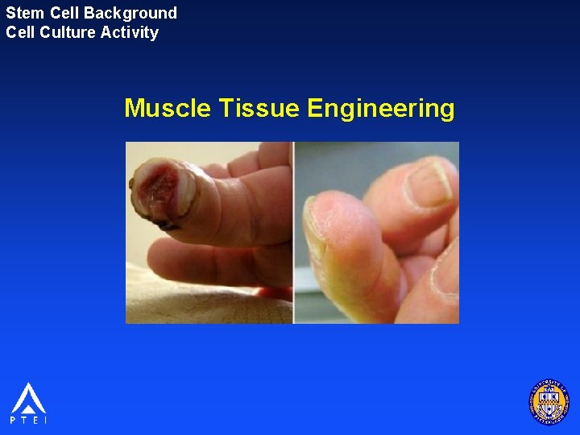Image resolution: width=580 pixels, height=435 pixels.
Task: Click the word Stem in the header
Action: [23, 13]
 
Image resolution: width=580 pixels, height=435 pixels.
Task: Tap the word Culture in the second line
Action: [65, 33]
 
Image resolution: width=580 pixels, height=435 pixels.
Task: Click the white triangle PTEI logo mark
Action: [28, 398]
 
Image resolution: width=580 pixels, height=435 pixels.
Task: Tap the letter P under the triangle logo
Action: [13, 420]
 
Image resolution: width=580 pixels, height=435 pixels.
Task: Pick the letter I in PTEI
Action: [45, 420]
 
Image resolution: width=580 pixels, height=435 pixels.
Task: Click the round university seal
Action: [549, 402]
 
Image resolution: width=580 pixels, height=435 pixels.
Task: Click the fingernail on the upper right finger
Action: [428, 182]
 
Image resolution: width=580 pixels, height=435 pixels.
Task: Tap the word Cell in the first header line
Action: [64, 13]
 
